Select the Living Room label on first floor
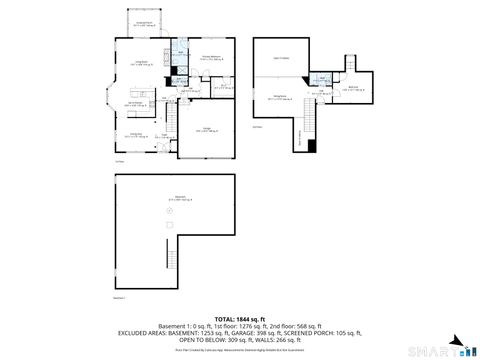(141, 64)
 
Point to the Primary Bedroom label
(211, 58)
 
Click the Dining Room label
(136, 136)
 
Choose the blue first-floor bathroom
(181, 48)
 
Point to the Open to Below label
(282, 59)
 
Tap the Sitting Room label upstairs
(281, 97)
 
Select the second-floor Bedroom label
(354, 88)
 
